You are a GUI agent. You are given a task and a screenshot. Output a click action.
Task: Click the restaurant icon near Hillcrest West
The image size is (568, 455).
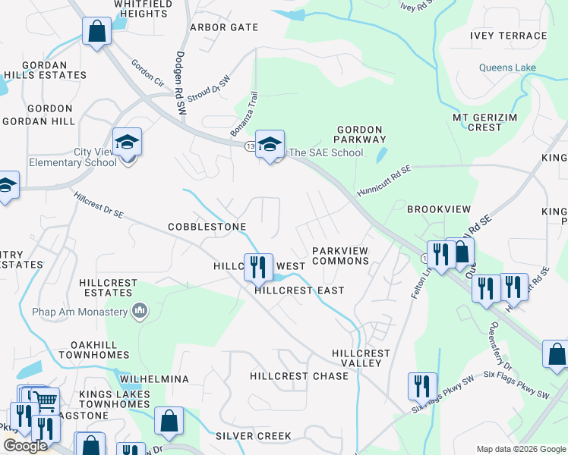pos(258,265)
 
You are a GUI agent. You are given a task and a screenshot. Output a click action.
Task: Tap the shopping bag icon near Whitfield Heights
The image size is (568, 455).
pos(96,31)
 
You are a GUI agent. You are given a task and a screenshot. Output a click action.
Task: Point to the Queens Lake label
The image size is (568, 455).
pos(507,67)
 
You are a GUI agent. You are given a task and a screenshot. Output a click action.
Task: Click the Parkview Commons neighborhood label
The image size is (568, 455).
pos(340,255)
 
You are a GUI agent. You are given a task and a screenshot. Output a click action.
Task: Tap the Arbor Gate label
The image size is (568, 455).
pos(224,27)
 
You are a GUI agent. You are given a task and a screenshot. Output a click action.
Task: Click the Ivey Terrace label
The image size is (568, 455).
pos(508,36)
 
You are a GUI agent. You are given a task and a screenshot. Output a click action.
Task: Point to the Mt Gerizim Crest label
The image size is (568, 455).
pos(488,122)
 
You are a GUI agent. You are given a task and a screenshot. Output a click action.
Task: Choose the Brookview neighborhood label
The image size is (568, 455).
pos(439,209)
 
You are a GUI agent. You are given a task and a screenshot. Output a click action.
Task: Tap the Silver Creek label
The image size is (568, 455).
pos(253,436)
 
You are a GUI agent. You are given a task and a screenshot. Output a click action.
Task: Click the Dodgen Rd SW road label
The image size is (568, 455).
pos(181,83)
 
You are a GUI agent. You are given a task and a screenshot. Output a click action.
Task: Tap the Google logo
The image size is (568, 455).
pos(25,446)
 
